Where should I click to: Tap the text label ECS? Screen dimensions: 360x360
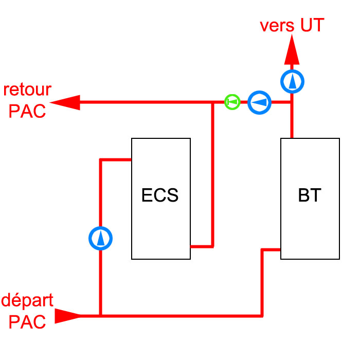point(160,196)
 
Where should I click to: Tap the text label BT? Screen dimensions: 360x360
point(310,196)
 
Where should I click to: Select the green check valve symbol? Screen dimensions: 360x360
point(232,102)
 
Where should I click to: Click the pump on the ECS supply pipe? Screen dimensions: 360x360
point(100,238)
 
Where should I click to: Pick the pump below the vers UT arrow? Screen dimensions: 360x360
point(292,81)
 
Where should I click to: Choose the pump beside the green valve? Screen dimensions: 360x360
point(260,102)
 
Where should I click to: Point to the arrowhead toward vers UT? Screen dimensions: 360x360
point(292,50)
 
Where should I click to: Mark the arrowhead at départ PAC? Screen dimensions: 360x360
point(68,315)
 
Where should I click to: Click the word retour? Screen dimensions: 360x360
point(27,89)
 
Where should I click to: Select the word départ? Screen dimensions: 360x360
point(27,300)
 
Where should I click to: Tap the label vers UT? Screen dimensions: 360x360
point(292,25)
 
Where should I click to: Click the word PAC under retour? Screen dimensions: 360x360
point(27,111)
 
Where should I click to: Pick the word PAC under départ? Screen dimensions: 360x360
point(27,322)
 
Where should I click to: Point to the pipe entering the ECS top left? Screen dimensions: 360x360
point(116,160)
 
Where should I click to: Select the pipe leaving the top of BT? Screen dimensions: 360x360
point(292,123)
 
